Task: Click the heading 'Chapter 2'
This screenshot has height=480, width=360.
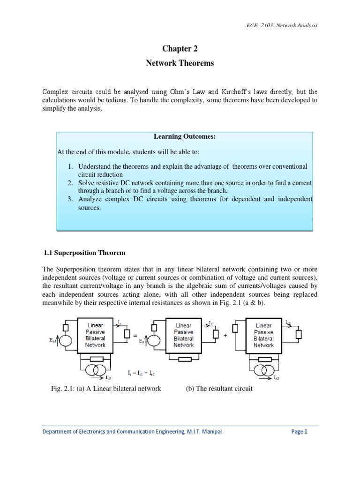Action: [178, 48]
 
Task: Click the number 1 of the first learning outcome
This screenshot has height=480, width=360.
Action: [69, 166]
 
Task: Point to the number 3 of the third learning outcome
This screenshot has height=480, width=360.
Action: [69, 199]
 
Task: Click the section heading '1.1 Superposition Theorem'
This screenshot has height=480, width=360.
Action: [84, 253]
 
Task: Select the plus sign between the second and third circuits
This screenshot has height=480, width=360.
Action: [225, 336]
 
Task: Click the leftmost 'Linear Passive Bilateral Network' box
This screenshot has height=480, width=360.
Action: [96, 335]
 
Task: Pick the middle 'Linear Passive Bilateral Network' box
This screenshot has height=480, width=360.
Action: [183, 335]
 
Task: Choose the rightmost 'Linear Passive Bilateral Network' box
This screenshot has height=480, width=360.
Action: [263, 335]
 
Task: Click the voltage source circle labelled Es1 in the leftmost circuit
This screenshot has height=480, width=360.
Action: [66, 341]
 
